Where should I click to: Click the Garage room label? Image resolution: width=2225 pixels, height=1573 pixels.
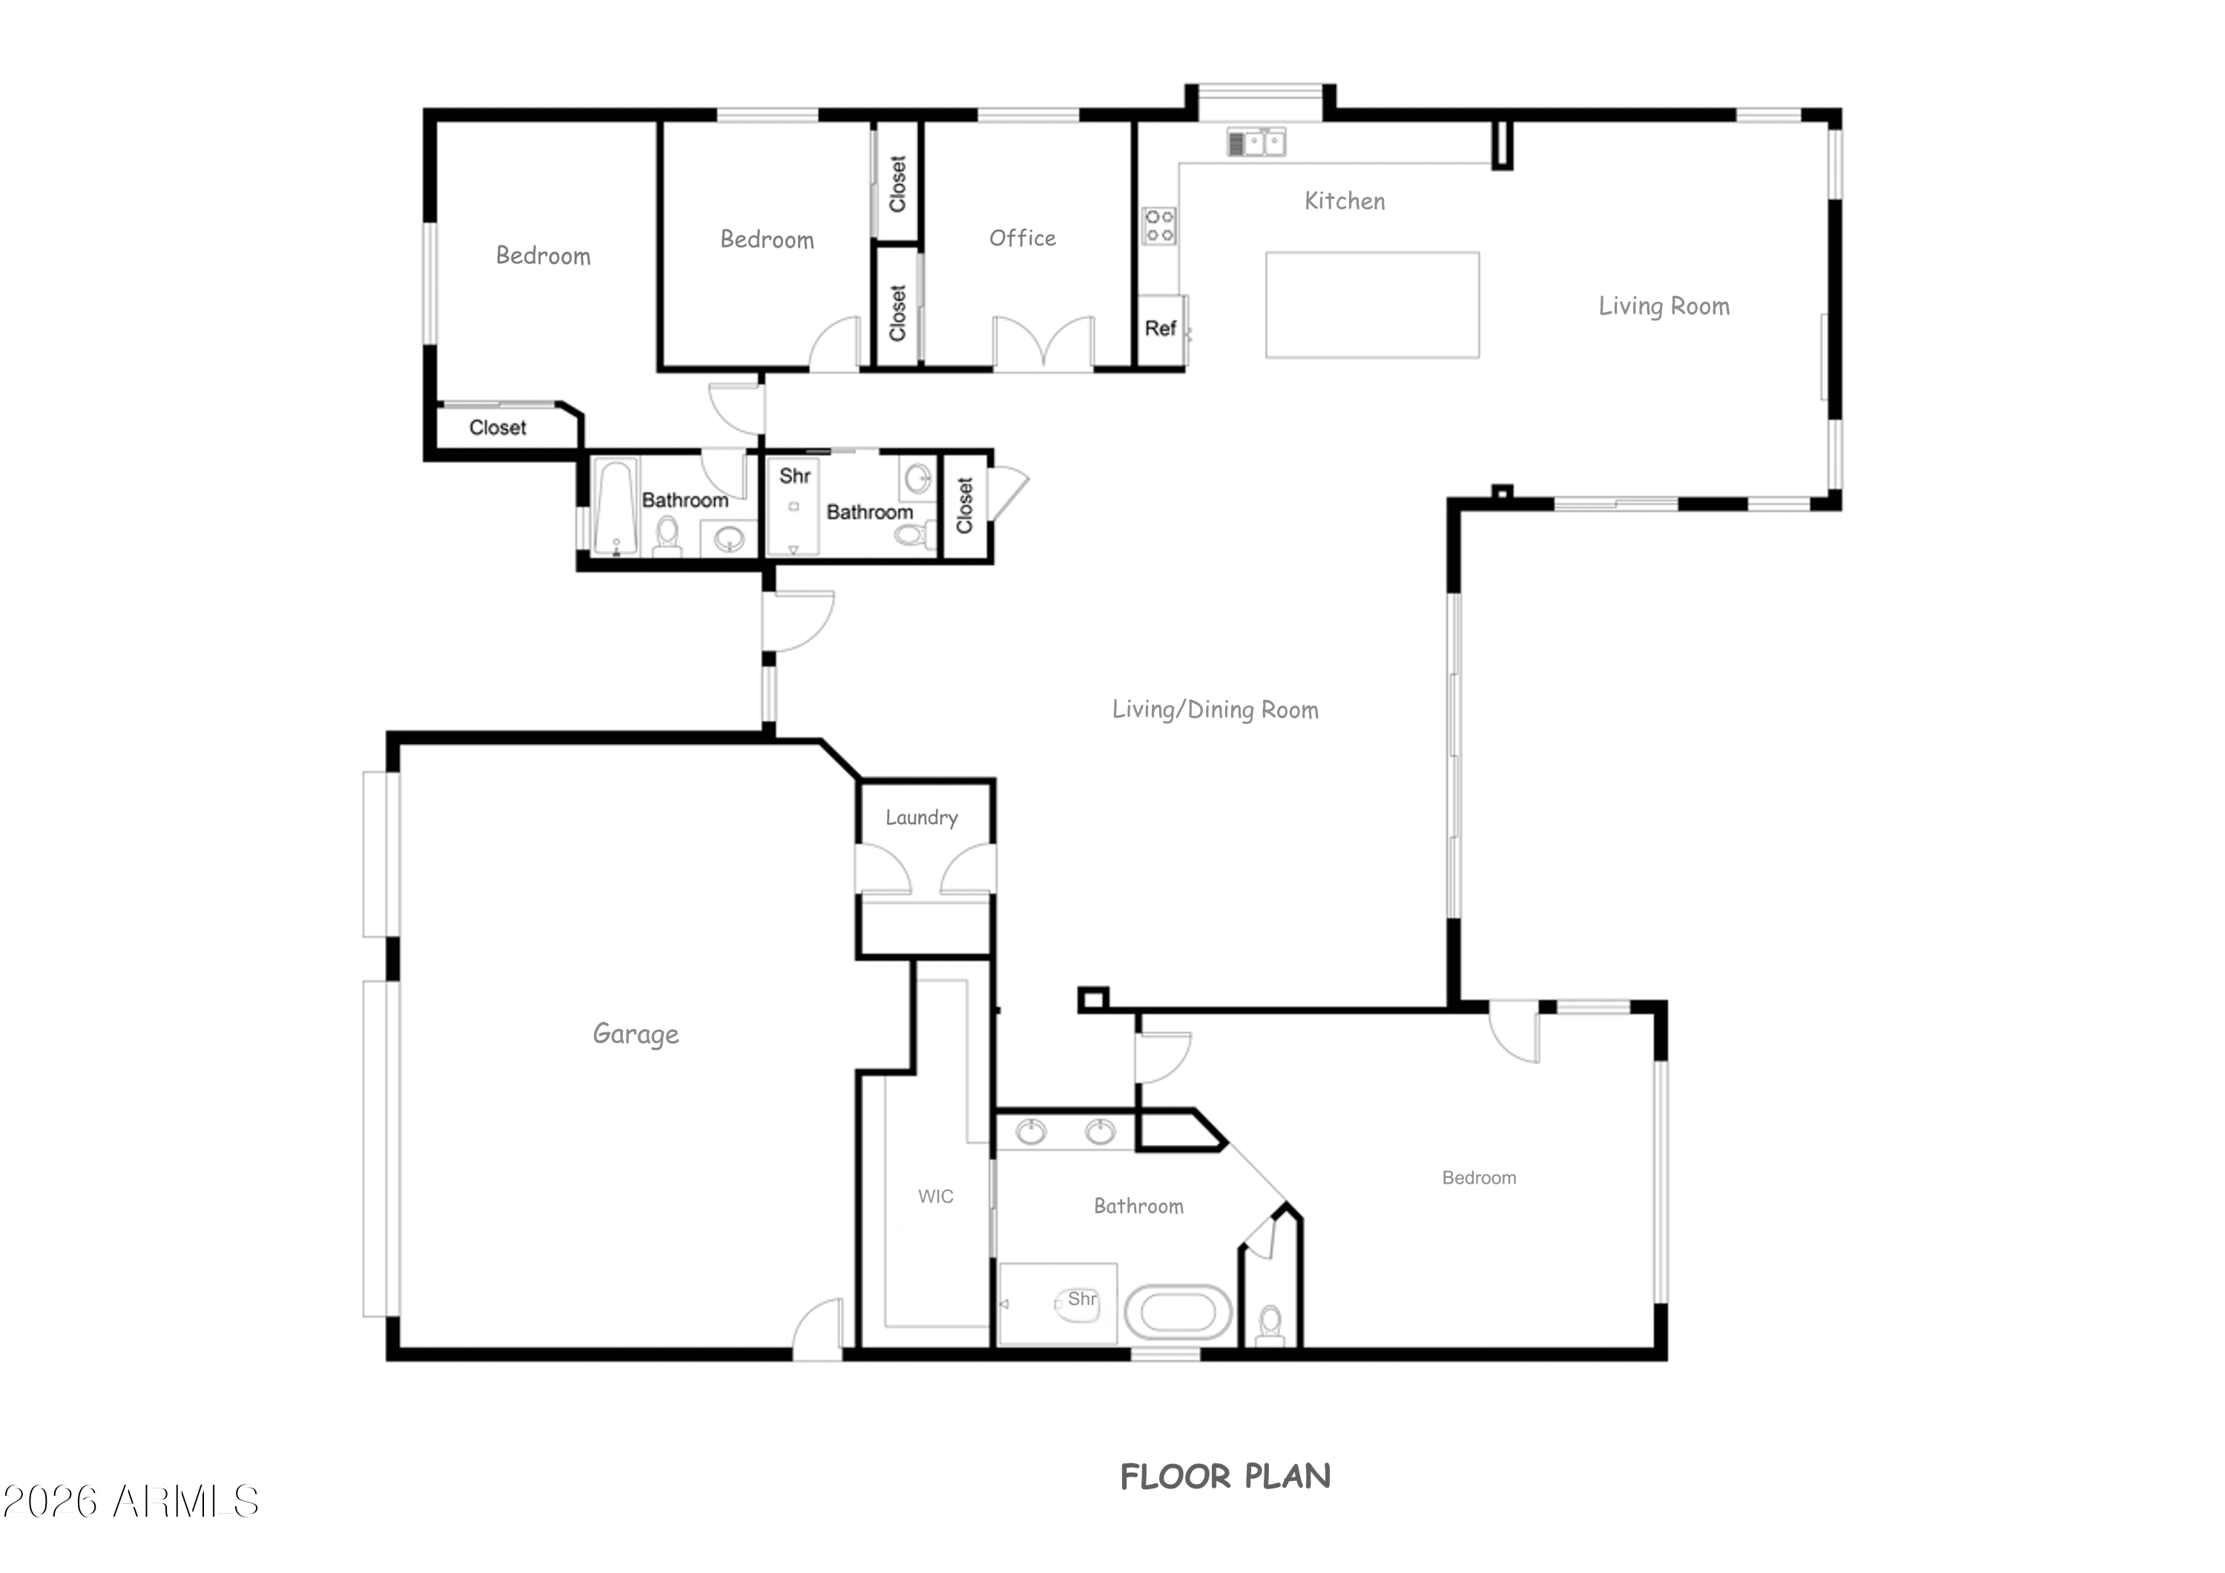tap(636, 1034)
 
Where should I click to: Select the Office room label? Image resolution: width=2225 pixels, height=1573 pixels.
tap(1022, 237)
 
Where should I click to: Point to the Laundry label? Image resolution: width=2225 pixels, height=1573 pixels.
tap(922, 818)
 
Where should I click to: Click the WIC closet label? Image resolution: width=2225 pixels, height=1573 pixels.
tap(935, 1196)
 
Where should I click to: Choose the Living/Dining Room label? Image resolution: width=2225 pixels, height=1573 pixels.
tap(1216, 710)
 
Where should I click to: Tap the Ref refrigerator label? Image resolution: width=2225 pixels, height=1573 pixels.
tap(1160, 328)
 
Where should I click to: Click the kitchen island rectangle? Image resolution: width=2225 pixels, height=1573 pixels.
tap(1372, 306)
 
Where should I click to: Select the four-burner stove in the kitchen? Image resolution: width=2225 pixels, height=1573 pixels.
tap(1159, 225)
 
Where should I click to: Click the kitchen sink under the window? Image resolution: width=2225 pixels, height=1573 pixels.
tap(1257, 142)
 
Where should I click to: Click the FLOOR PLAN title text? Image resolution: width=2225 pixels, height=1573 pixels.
tap(1225, 1476)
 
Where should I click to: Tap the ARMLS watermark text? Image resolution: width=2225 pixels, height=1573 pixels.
tap(130, 1501)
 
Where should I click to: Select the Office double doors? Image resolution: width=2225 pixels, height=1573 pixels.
tap(1043, 341)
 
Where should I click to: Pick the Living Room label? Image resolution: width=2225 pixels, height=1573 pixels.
tap(1664, 306)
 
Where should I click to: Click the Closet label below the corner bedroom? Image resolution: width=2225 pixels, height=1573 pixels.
tap(497, 427)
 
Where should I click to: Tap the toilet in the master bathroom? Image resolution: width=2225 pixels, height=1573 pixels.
tap(1270, 1324)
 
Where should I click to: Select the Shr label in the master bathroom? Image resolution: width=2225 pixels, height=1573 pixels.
tap(1082, 1299)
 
